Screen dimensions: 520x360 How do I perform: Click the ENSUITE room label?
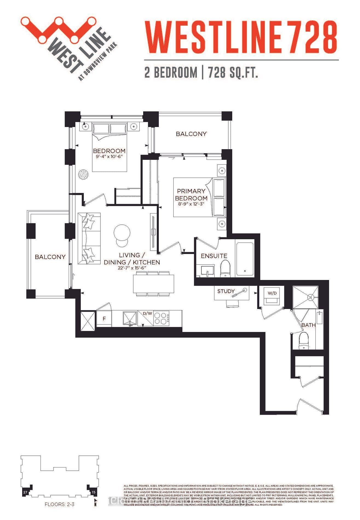[214, 256]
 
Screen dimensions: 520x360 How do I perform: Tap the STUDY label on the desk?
[226, 291]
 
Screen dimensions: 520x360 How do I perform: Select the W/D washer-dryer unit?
[272, 297]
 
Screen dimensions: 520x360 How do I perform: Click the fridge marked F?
[104, 319]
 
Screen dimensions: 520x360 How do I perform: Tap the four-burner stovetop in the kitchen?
[162, 318]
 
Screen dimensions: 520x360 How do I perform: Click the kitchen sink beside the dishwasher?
[130, 318]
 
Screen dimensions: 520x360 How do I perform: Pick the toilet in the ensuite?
[225, 268]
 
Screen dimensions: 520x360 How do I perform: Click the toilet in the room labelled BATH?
[304, 341]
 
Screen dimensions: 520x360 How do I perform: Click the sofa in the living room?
[89, 238]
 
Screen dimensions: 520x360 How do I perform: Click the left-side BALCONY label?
[50, 257]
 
